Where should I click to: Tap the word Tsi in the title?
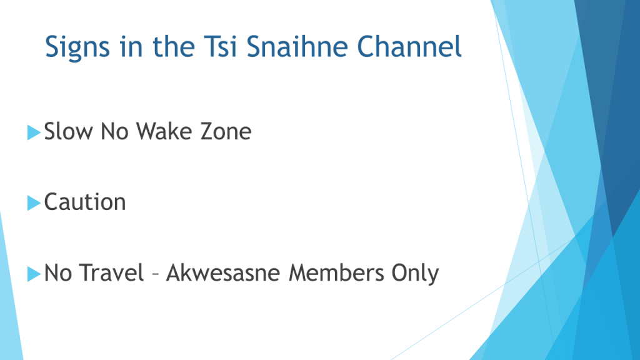[x=221, y=46]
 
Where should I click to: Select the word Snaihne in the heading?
[x=297, y=46]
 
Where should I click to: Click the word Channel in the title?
[x=409, y=46]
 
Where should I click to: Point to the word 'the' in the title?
[x=174, y=46]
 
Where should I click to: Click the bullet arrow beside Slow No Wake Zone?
[x=34, y=132]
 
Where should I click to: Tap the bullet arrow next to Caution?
[x=34, y=203]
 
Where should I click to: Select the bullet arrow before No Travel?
[x=34, y=274]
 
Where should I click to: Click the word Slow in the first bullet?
[x=68, y=131]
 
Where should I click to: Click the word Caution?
[x=85, y=202]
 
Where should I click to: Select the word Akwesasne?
[x=223, y=272]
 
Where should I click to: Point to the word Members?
[x=336, y=272]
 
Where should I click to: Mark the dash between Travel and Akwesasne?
[x=155, y=274]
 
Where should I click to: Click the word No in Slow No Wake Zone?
[x=114, y=131]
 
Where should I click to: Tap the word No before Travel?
[x=57, y=272]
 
